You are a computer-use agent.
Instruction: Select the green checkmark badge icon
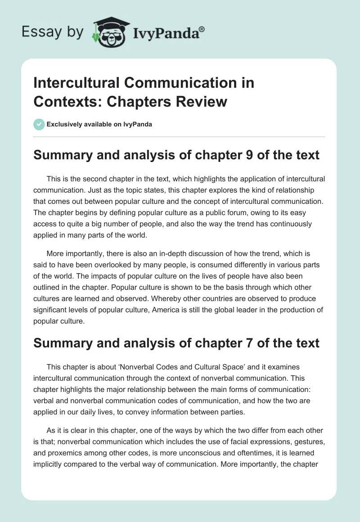39,124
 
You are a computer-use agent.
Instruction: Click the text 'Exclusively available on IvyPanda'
99,124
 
